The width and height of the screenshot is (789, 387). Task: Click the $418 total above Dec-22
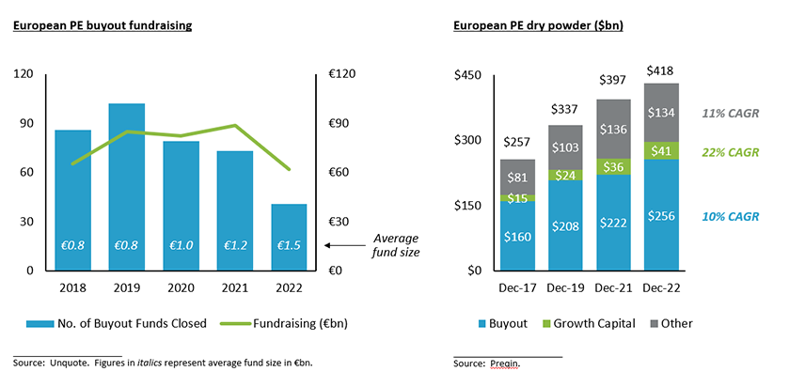pyautogui.click(x=661, y=70)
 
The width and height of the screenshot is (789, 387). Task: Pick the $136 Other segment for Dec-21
pyautogui.click(x=614, y=129)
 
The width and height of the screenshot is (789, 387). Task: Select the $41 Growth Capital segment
pyautogui.click(x=661, y=150)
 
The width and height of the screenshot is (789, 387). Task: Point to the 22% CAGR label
pyautogui.click(x=730, y=152)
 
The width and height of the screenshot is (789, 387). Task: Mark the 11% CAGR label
pyautogui.click(x=730, y=114)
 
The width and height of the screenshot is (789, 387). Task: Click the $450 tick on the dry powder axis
pyautogui.click(x=469, y=75)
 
